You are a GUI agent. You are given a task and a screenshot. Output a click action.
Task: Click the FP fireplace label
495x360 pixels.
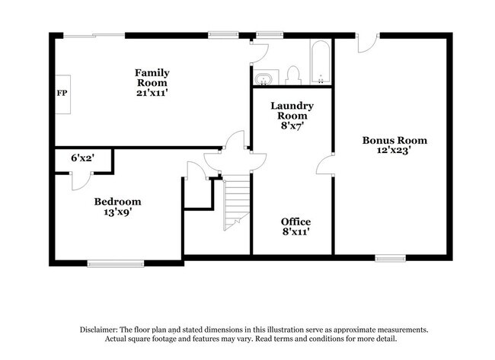[62, 94]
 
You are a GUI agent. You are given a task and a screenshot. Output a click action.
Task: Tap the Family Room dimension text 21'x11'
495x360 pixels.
[152, 93]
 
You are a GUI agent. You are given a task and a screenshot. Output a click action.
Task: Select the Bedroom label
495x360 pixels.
[117, 202]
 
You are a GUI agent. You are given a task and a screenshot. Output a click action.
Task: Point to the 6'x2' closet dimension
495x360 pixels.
[83, 158]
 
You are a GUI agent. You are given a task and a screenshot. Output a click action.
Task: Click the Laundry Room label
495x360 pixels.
[292, 111]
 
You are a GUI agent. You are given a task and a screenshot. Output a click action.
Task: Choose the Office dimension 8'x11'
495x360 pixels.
[295, 232]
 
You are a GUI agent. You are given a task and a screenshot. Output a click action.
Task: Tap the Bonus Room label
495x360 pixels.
[394, 140]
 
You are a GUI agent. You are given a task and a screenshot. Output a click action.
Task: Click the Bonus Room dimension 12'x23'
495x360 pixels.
[394, 150]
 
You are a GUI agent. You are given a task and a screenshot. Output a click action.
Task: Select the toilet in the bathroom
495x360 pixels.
[292, 75]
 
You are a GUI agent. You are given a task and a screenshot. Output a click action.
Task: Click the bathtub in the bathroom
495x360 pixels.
[321, 62]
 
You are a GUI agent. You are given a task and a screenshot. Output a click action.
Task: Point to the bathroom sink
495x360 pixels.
[263, 79]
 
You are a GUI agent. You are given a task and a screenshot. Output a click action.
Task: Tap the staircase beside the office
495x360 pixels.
[237, 202]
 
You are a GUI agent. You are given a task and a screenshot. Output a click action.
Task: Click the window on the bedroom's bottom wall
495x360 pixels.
[116, 264]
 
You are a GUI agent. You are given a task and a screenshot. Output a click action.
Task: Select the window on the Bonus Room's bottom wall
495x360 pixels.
[391, 259]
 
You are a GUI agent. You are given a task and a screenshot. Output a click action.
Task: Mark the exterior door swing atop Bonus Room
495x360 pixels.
[368, 43]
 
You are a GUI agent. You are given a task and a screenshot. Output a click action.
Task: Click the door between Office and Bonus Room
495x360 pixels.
[325, 164]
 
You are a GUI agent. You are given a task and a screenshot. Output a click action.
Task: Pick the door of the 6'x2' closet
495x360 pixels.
[81, 181]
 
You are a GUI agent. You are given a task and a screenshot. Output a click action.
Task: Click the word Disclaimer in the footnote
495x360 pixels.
[98, 330]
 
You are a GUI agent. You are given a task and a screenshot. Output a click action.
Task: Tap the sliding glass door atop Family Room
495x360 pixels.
[94, 36]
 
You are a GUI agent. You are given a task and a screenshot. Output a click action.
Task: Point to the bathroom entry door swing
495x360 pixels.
[260, 53]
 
